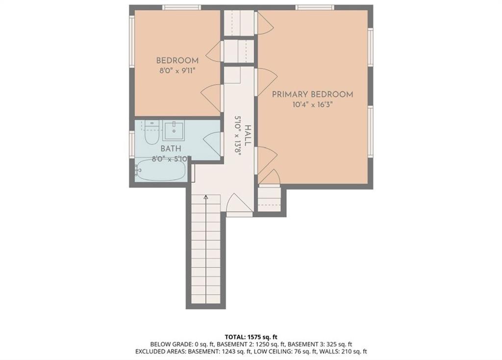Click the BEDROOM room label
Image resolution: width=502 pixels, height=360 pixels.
(177, 60)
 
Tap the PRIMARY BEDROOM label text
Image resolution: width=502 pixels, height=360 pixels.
(312, 95)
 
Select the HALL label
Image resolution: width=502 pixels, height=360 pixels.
(248, 135)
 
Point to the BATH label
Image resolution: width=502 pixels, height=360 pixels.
(171, 149)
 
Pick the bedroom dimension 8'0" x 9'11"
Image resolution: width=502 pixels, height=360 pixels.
(177, 71)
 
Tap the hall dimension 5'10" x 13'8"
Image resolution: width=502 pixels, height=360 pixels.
(238, 135)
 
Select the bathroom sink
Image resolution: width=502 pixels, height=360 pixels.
(174, 130)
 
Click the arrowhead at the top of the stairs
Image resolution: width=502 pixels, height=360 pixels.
(206, 198)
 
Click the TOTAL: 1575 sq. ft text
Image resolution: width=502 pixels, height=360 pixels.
(251, 337)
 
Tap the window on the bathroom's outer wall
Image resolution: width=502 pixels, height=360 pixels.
(131, 144)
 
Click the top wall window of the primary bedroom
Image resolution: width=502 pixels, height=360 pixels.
(315, 7)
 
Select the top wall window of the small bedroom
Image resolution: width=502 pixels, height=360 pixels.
(181, 7)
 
